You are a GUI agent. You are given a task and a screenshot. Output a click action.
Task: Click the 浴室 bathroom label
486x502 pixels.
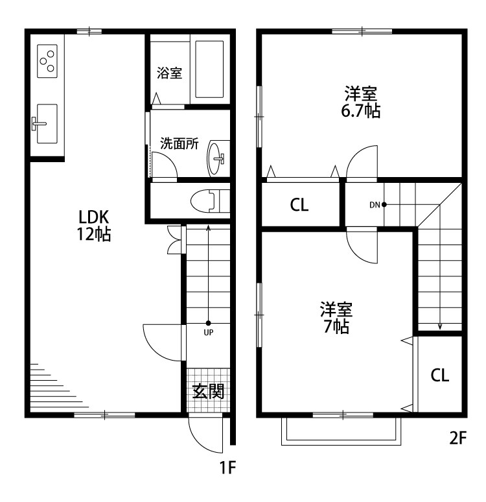click(x=169, y=73)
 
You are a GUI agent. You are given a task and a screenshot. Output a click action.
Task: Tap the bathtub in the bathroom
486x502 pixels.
click(x=209, y=69)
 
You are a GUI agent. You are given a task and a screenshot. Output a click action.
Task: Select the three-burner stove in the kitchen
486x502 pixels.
click(x=47, y=61)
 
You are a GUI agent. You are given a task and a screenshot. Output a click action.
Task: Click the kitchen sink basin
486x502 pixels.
click(x=47, y=124)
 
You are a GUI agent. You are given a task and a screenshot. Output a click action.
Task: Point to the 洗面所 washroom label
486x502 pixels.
click(x=179, y=143)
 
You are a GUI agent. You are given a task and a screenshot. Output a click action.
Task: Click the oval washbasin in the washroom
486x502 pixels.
click(x=214, y=158)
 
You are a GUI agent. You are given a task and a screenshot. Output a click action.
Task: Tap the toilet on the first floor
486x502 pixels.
click(x=210, y=201)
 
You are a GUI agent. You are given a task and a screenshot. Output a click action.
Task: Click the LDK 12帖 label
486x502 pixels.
click(x=94, y=226)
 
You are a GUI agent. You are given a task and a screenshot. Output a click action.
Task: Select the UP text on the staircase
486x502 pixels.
click(x=208, y=333)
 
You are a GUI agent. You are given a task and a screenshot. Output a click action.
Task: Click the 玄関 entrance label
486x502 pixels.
click(x=208, y=391)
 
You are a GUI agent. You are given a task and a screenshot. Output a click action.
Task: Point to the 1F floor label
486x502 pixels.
click(x=227, y=467)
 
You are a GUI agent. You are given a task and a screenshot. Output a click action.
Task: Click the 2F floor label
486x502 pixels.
click(x=458, y=438)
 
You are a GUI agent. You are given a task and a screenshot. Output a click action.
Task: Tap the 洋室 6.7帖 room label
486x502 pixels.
click(x=360, y=102)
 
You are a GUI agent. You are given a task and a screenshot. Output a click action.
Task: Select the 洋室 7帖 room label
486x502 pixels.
click(x=336, y=318)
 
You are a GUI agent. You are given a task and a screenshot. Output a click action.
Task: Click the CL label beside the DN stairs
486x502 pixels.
click(x=299, y=205)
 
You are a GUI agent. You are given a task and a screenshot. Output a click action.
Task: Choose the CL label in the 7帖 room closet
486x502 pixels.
click(x=439, y=375)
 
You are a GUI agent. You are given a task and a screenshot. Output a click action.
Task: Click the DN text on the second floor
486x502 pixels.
click(x=375, y=205)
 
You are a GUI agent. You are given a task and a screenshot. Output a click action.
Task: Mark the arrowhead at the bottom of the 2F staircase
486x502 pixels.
click(x=440, y=327)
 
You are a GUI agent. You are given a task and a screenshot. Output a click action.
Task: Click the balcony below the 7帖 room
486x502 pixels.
click(x=341, y=431)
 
